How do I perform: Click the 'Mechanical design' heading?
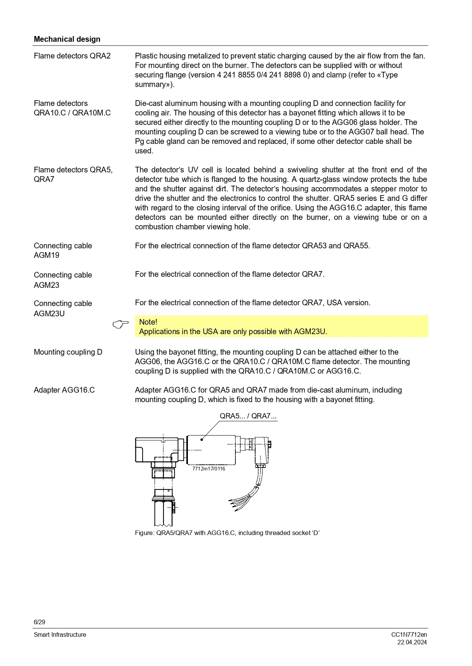(67, 39)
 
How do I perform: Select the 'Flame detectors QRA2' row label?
(72, 56)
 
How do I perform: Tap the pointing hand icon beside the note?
(121, 324)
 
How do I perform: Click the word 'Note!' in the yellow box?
(148, 322)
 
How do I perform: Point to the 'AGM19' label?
(46, 255)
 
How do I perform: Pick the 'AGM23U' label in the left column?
(49, 314)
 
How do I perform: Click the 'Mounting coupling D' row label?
(68, 352)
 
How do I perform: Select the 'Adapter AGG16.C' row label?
(64, 390)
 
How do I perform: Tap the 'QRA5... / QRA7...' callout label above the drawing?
(248, 416)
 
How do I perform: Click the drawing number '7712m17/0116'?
(208, 469)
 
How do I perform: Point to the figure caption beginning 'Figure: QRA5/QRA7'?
(227, 533)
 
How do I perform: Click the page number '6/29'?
(40, 622)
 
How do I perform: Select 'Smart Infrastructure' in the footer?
(60, 634)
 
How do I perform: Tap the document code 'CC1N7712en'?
(409, 634)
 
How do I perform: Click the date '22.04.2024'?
(412, 642)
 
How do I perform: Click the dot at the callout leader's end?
(202, 440)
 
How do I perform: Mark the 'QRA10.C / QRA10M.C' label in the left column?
(72, 113)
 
